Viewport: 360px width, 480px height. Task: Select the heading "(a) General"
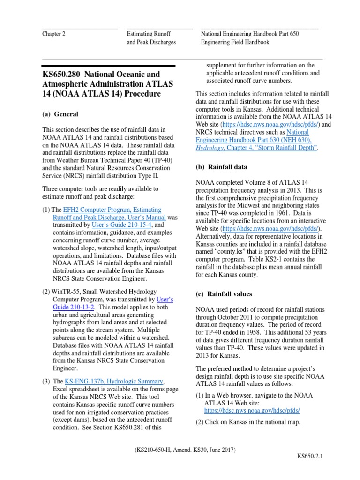point(60,114)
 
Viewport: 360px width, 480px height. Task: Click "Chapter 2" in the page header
point(54,34)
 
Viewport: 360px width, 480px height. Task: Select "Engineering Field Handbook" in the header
point(235,42)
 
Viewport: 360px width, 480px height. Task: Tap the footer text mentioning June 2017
point(184,450)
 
